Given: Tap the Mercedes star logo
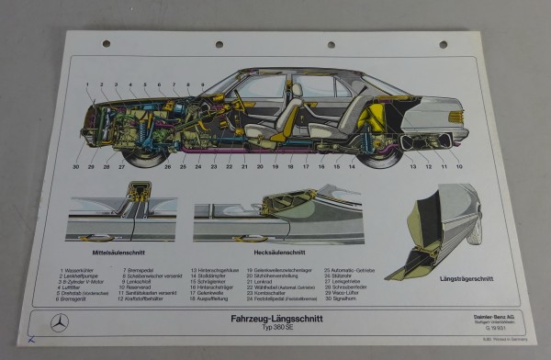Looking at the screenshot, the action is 59,322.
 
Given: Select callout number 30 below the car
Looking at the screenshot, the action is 76,167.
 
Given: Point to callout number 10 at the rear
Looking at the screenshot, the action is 459,167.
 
